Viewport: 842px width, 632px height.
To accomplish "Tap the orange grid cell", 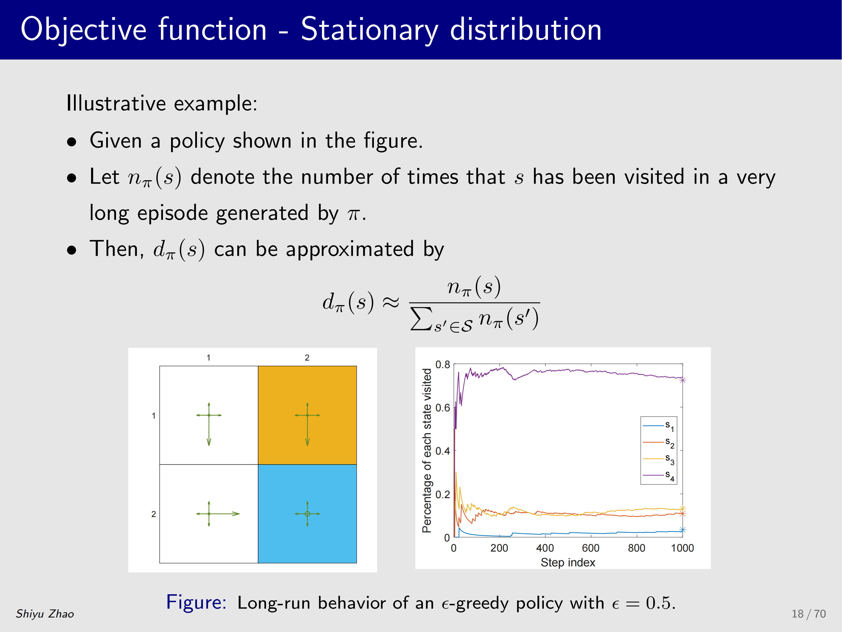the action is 307,415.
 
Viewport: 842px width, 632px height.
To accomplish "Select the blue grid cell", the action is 307,514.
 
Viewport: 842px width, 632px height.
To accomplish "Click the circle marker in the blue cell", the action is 307,514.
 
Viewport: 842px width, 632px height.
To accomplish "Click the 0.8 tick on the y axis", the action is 443,365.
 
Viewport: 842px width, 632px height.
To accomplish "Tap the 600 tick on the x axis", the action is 591,548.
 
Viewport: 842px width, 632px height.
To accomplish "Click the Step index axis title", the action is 568,562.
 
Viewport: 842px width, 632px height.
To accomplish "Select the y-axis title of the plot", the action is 427,450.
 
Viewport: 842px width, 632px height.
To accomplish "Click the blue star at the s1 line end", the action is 682,530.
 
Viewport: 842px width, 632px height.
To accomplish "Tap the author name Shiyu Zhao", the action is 45,614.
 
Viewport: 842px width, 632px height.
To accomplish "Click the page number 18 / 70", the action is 809,614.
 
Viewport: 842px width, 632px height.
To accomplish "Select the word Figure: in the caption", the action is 196,603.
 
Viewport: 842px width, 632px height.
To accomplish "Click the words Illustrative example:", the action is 162,103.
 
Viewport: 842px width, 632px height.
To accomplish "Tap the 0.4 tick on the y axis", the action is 443,451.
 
